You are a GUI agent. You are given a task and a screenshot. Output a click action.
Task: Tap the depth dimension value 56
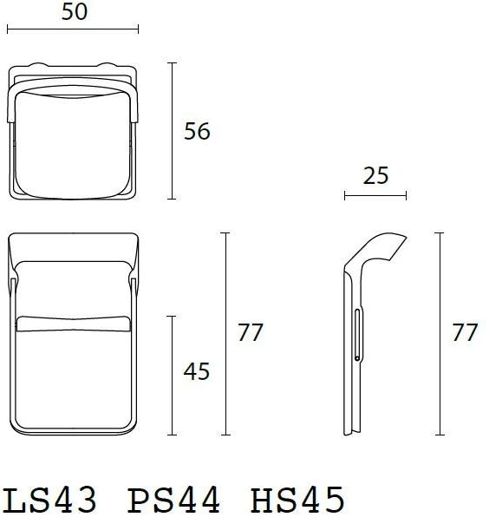[198, 132]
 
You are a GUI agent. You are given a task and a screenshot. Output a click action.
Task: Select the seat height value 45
[198, 371]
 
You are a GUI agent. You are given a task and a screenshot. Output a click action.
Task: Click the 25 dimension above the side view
[375, 176]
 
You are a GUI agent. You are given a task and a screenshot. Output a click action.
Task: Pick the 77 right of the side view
[466, 332]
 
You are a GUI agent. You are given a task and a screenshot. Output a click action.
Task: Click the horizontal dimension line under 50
[73, 29]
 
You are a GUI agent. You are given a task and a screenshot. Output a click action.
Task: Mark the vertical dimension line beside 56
[173, 131]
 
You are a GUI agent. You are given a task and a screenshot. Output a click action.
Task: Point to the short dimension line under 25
[375, 195]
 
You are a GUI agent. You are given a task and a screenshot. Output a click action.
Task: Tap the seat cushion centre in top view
[74, 130]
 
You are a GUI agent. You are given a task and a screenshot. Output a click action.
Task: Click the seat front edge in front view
[74, 323]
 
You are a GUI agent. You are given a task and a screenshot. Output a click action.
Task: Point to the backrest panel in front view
[74, 286]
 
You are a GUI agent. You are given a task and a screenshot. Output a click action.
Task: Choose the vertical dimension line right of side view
[441, 333]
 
